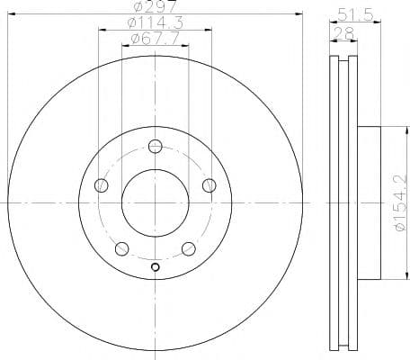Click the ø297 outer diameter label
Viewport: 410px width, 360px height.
155,6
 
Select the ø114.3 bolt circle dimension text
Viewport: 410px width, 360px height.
156,23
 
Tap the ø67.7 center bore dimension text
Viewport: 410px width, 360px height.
156,39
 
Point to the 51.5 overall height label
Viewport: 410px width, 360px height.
355,14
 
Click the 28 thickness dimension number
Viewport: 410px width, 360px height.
343,33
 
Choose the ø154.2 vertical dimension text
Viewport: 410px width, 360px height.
401,202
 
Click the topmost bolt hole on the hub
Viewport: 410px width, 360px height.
156,147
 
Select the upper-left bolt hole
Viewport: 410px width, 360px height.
102,185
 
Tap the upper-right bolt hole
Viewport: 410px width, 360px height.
209,185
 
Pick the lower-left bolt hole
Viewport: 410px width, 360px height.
122,249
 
